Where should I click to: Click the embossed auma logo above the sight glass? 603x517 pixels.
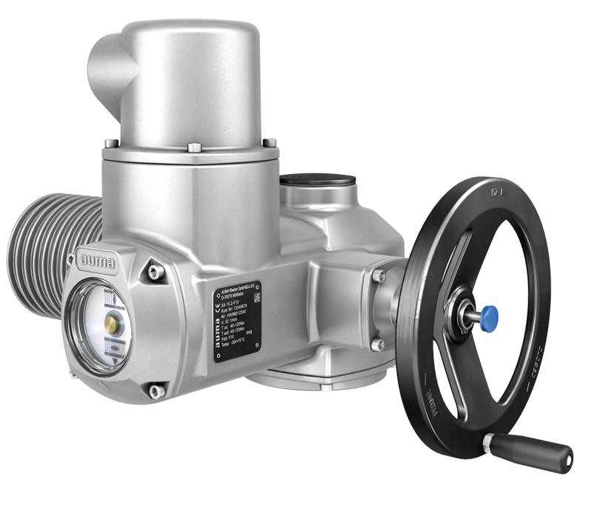point(95,260)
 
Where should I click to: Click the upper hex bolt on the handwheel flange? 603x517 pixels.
point(380,277)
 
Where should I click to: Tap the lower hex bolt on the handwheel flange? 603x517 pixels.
point(379,344)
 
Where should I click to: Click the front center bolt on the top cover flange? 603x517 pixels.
point(193,148)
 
